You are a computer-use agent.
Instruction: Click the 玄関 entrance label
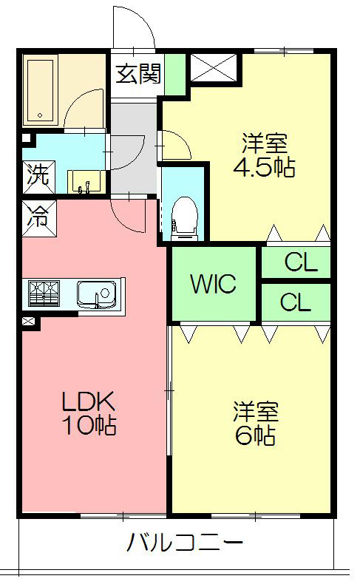[x=138, y=73]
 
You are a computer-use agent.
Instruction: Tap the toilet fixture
[x=184, y=218]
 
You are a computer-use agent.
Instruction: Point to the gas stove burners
[x=44, y=293]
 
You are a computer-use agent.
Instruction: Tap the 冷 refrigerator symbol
[x=39, y=218]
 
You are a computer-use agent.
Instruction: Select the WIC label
[x=214, y=283]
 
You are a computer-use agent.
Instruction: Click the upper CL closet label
[x=301, y=262]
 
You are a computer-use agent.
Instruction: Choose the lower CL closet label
[x=296, y=302]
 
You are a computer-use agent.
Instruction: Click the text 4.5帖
[x=264, y=167]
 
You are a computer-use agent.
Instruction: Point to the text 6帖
[x=255, y=435]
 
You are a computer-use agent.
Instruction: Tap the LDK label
[x=88, y=401]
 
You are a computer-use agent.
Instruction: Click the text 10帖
[x=89, y=425]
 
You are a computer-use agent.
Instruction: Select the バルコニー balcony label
[x=186, y=542]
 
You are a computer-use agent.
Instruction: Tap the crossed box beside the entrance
[x=214, y=68]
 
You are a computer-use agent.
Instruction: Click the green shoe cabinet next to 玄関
[x=175, y=75]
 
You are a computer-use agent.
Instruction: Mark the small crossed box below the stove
[x=28, y=321]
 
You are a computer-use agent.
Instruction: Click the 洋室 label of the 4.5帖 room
[x=265, y=143]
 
